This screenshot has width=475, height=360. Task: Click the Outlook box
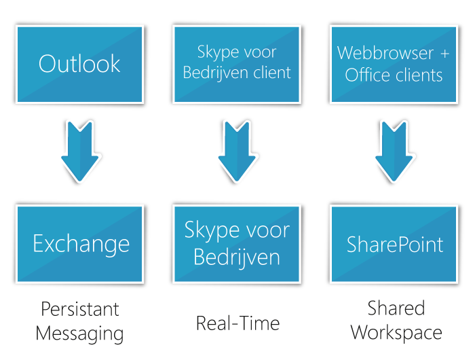pos(79,64)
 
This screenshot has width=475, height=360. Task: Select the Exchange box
pos(79,244)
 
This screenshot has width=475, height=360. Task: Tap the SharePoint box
pos(394,244)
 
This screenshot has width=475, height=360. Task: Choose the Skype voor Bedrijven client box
pos(237,64)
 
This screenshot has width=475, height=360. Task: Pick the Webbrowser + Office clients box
pos(394,64)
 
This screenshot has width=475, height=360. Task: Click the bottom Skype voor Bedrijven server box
pos(237,244)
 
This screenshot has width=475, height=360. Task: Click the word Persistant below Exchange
pos(79,309)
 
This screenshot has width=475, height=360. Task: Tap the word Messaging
pos(79,334)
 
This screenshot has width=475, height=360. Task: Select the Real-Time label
pos(237,323)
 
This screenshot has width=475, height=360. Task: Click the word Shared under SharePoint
pos(396,309)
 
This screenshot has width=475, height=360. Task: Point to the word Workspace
pos(396,334)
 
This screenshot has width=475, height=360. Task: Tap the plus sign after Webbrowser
pos(445,52)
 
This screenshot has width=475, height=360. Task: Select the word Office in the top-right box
pos(368,75)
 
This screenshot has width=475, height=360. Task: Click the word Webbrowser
pos(385,52)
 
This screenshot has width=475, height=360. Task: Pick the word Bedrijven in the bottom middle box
pos(237,257)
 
